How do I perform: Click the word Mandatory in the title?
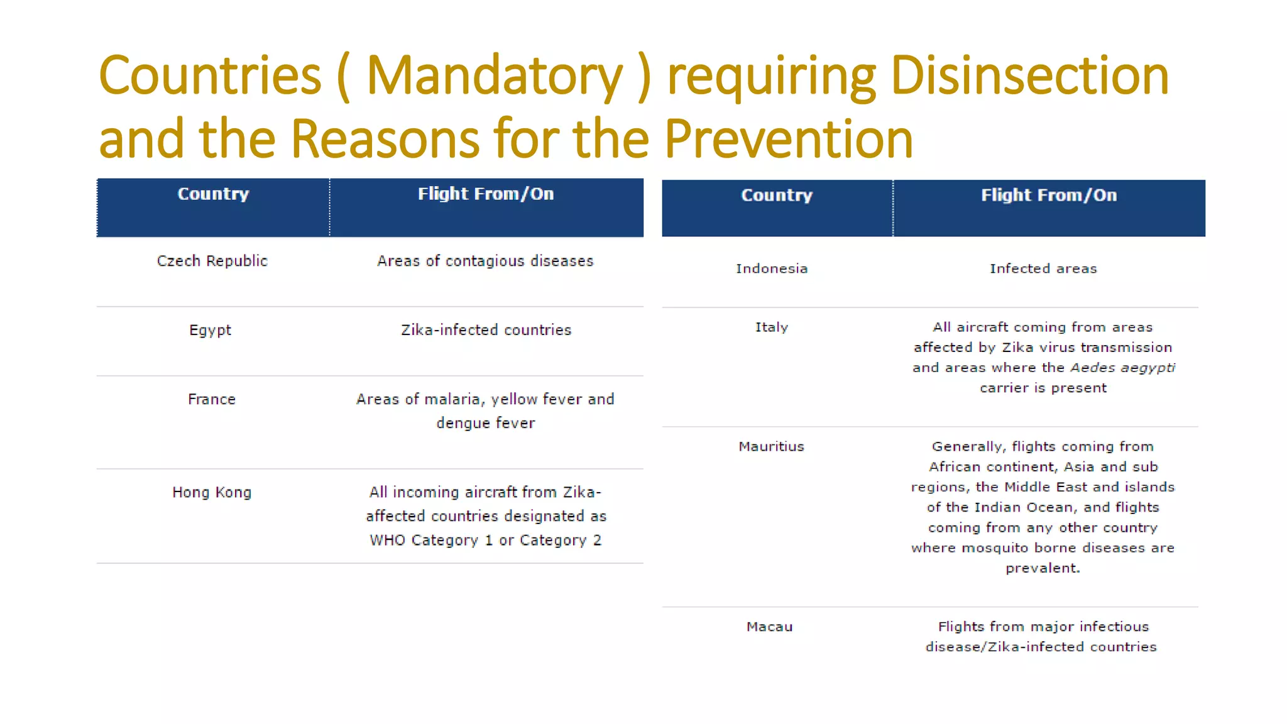pyautogui.click(x=494, y=77)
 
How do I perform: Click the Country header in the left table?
pyautogui.click(x=213, y=194)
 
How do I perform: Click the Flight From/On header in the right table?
pyautogui.click(x=1048, y=195)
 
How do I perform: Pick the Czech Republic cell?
pyautogui.click(x=212, y=261)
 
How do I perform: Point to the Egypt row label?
pyautogui.click(x=210, y=330)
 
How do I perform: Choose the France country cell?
pyautogui.click(x=211, y=399)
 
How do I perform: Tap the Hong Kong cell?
pyautogui.click(x=212, y=492)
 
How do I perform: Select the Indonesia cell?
pyautogui.click(x=771, y=268)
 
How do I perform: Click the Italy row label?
pyautogui.click(x=771, y=327)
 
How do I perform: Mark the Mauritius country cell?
pyautogui.click(x=771, y=446)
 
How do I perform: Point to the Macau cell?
pyautogui.click(x=769, y=627)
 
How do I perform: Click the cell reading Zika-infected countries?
pyautogui.click(x=486, y=330)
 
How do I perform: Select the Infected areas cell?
pyautogui.click(x=1043, y=268)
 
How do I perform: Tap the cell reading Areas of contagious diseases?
pyautogui.click(x=485, y=261)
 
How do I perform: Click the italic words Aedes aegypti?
pyautogui.click(x=1122, y=368)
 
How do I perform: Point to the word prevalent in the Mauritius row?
pyautogui.click(x=1042, y=568)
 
